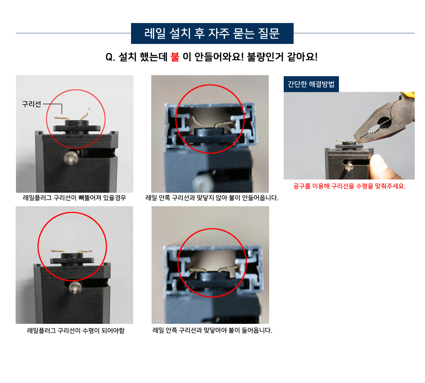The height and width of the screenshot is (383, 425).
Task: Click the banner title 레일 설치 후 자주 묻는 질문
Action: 212,33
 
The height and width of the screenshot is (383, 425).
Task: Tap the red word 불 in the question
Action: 175,57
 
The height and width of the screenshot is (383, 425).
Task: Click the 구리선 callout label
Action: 32,104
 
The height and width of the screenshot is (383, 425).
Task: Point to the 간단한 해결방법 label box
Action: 311,84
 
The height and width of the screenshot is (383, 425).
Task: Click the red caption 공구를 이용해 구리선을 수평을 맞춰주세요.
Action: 349,186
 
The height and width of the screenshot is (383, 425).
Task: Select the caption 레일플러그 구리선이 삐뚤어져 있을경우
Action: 74,198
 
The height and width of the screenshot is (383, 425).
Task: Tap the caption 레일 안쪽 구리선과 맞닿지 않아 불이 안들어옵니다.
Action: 212,198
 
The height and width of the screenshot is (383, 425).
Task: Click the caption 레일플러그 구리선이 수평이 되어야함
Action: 76,330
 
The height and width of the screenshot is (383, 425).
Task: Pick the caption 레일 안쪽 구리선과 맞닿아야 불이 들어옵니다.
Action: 212,330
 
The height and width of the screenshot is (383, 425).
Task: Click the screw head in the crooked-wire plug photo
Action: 71,158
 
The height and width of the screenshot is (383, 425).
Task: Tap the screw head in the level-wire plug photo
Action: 75,288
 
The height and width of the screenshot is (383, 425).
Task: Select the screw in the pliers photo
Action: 348,166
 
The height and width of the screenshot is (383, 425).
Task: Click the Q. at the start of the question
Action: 110,57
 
